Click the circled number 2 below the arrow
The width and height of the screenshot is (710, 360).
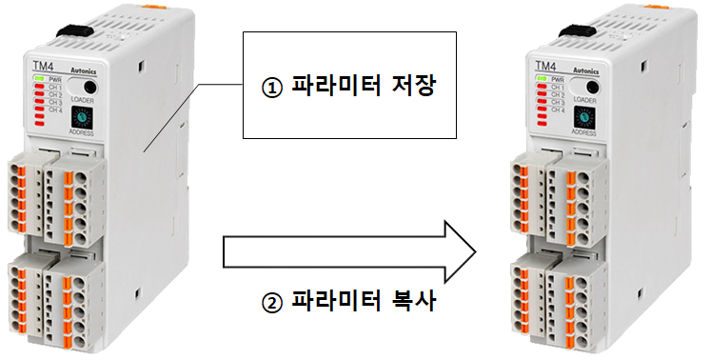pyautogui.click(x=272, y=307)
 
